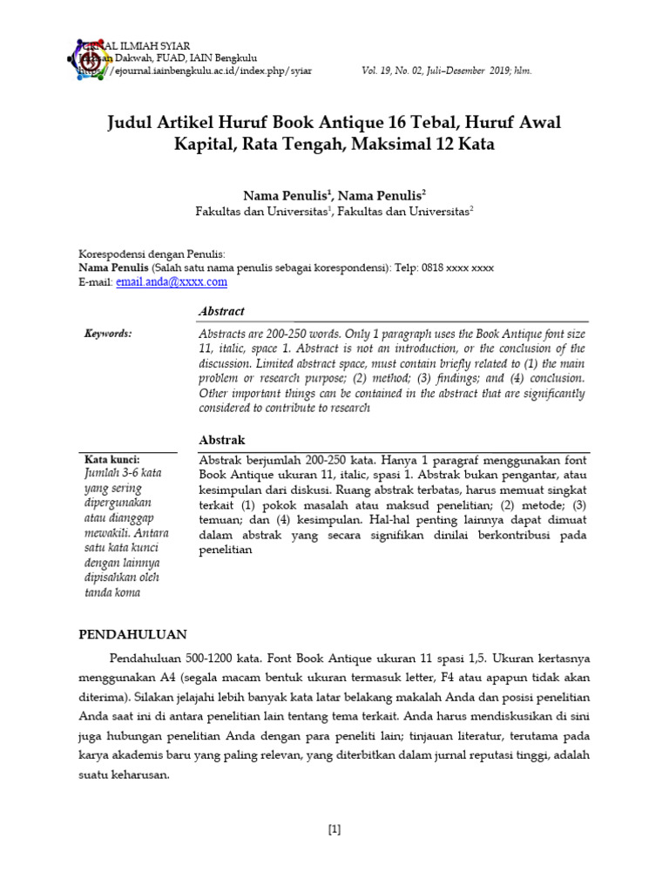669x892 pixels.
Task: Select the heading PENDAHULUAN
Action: point(133,634)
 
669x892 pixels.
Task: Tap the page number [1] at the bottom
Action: point(334,829)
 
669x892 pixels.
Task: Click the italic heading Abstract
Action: point(222,311)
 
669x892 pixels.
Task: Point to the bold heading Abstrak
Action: point(223,441)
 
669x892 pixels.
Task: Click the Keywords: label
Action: point(108,334)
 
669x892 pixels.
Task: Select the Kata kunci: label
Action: point(111,459)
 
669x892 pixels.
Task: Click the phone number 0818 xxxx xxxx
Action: point(457,268)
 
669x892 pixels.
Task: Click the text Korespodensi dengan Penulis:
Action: point(152,254)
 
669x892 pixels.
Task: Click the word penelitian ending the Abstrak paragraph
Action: point(226,551)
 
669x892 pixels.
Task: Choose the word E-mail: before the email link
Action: point(96,282)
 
